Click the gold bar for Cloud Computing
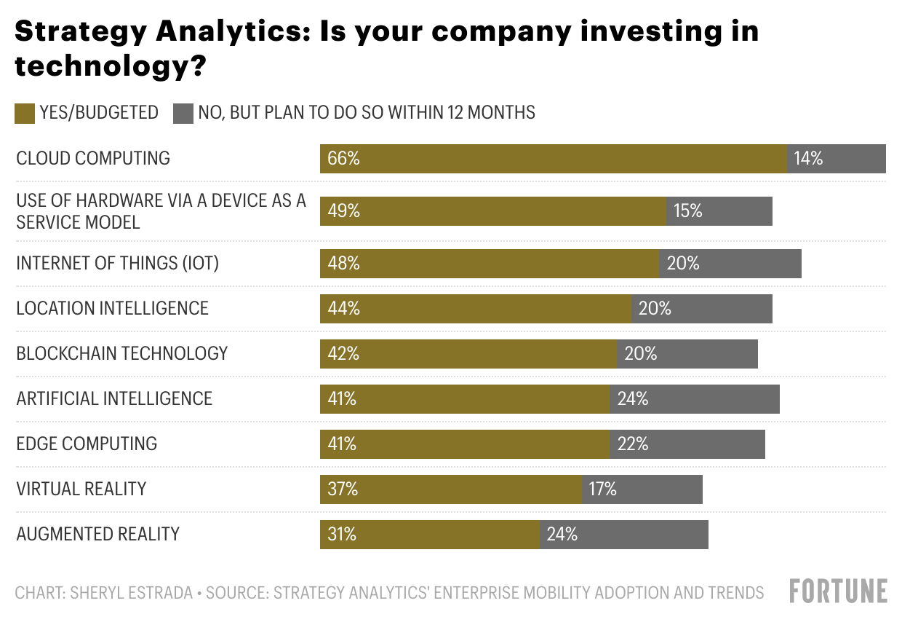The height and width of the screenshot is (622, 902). pos(553,159)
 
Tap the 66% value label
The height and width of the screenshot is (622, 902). pos(343,159)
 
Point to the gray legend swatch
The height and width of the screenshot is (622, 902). pos(183,113)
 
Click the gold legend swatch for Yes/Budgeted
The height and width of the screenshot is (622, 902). pos(25,113)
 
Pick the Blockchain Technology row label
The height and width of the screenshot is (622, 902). pos(122,353)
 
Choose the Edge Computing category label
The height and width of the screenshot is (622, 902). pos(87,444)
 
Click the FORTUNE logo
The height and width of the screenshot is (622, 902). pos(838,591)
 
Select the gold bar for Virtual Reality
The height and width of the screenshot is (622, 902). pos(451,489)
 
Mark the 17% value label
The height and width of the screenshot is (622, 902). pos(603,489)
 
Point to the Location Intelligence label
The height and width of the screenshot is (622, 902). pos(113,308)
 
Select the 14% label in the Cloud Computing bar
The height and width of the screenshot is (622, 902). pos(808,159)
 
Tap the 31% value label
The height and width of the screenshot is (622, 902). pos(342,535)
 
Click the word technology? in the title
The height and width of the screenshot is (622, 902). pos(110,68)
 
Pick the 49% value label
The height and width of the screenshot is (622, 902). pos(343,211)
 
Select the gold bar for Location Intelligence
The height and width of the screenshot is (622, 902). pos(476,309)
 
